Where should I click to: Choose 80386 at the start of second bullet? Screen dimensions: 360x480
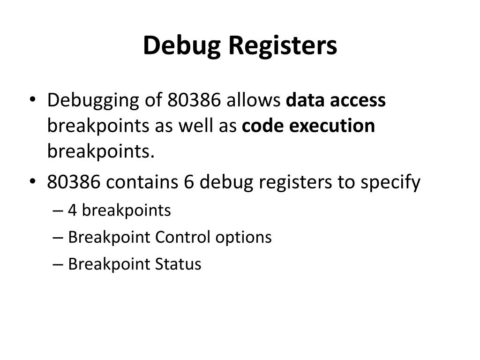pos(73,182)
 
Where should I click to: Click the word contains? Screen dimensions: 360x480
pos(137,182)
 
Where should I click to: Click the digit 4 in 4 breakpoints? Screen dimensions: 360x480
pos(73,210)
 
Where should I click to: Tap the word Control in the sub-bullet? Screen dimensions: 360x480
pos(183,237)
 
